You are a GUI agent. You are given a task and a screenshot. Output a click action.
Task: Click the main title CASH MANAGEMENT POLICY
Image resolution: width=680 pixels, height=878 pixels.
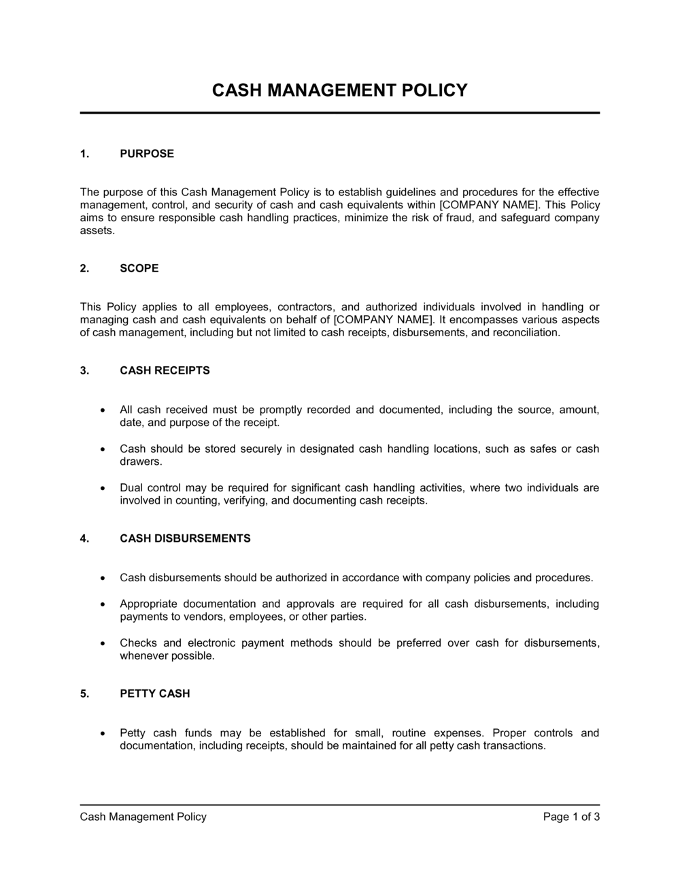point(340,91)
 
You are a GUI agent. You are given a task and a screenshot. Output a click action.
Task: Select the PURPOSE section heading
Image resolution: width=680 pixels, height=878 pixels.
point(147,154)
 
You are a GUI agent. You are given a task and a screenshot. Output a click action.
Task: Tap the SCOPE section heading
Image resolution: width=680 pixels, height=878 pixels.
point(139,268)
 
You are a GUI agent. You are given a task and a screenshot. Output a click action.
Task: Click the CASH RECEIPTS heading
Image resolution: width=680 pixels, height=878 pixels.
point(165,371)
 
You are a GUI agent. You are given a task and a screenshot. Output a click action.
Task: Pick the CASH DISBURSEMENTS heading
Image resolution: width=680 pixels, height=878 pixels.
point(185,538)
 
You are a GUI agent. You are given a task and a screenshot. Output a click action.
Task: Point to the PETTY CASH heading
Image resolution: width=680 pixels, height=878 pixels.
point(154,694)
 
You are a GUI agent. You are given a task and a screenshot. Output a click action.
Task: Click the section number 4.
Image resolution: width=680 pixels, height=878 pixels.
point(84,538)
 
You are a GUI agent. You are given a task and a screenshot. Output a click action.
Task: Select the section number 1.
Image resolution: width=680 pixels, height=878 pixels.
point(84,154)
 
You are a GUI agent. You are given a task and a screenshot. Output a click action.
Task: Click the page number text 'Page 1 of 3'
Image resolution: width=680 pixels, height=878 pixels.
point(571,817)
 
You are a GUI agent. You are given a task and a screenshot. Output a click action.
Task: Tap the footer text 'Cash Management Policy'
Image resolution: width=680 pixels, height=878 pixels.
point(143,817)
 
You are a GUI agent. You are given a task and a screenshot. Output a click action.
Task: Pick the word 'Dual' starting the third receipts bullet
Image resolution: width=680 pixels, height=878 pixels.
point(131,488)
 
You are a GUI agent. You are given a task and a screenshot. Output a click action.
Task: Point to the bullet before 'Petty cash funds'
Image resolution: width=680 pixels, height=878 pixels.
point(102,734)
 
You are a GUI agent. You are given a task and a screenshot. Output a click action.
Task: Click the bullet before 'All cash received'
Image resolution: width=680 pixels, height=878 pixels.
point(102,410)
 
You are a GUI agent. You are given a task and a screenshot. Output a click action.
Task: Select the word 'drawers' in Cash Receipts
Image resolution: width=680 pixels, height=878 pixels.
point(140,461)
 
